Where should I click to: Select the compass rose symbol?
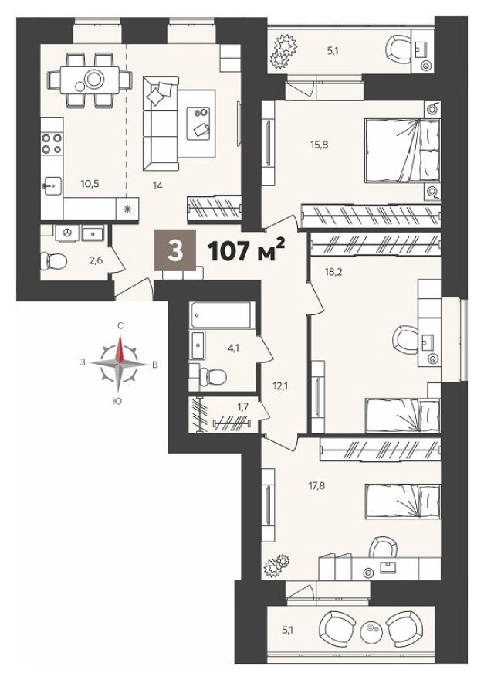(x=120, y=362)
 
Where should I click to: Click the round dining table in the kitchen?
(x=95, y=78)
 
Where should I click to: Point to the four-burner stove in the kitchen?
(x=52, y=143)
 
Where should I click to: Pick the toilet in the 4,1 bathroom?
(x=211, y=377)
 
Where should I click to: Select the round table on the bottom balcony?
(x=374, y=631)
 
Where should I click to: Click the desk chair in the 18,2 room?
(x=404, y=338)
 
